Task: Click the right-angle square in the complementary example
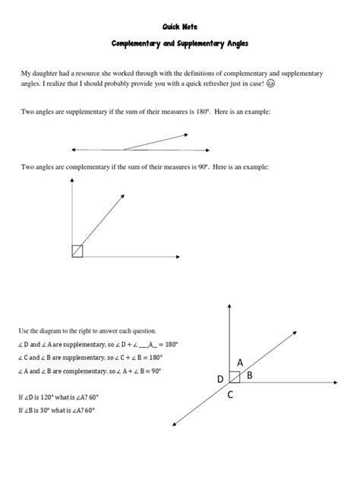point(77,251)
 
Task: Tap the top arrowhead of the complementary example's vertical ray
point(73,182)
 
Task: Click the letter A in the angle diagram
point(240,363)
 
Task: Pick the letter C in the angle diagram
point(229,394)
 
